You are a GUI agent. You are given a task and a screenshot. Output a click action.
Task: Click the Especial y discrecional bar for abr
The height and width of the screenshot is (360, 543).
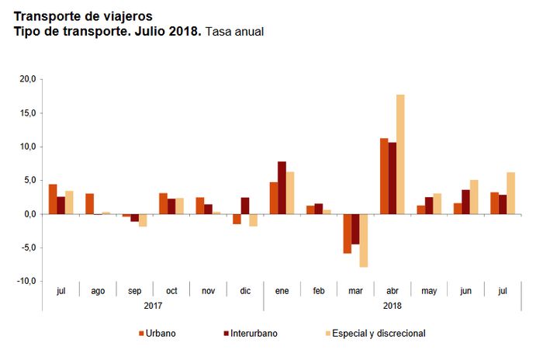[400, 154]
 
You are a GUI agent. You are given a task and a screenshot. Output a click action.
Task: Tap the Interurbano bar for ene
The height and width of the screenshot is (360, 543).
[282, 188]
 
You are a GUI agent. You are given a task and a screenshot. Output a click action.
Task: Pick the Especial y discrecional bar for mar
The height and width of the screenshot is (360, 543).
[363, 241]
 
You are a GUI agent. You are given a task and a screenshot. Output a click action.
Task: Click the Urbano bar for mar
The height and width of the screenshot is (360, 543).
[347, 234]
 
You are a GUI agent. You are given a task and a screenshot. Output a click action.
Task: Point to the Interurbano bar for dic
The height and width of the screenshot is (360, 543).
[244, 206]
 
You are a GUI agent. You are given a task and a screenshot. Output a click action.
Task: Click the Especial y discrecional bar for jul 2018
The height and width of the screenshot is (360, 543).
[510, 193]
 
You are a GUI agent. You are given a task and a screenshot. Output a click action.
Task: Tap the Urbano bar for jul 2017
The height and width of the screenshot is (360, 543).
[53, 199]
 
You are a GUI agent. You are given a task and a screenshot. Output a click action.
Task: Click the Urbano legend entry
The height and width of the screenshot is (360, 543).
[157, 334]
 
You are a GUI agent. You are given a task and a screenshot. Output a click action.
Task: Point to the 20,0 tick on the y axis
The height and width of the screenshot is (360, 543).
[28, 79]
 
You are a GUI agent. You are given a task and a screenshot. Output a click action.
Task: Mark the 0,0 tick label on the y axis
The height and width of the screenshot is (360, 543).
[29, 214]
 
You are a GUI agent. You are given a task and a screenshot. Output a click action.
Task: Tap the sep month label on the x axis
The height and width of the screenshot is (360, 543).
[135, 291]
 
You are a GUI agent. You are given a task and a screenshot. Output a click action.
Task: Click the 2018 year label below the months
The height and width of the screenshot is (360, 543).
[393, 305]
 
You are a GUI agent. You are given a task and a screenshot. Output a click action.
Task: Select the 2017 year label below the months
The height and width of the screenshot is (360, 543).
[153, 305]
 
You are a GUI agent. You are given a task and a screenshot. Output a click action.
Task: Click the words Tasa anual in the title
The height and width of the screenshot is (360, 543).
[235, 31]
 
